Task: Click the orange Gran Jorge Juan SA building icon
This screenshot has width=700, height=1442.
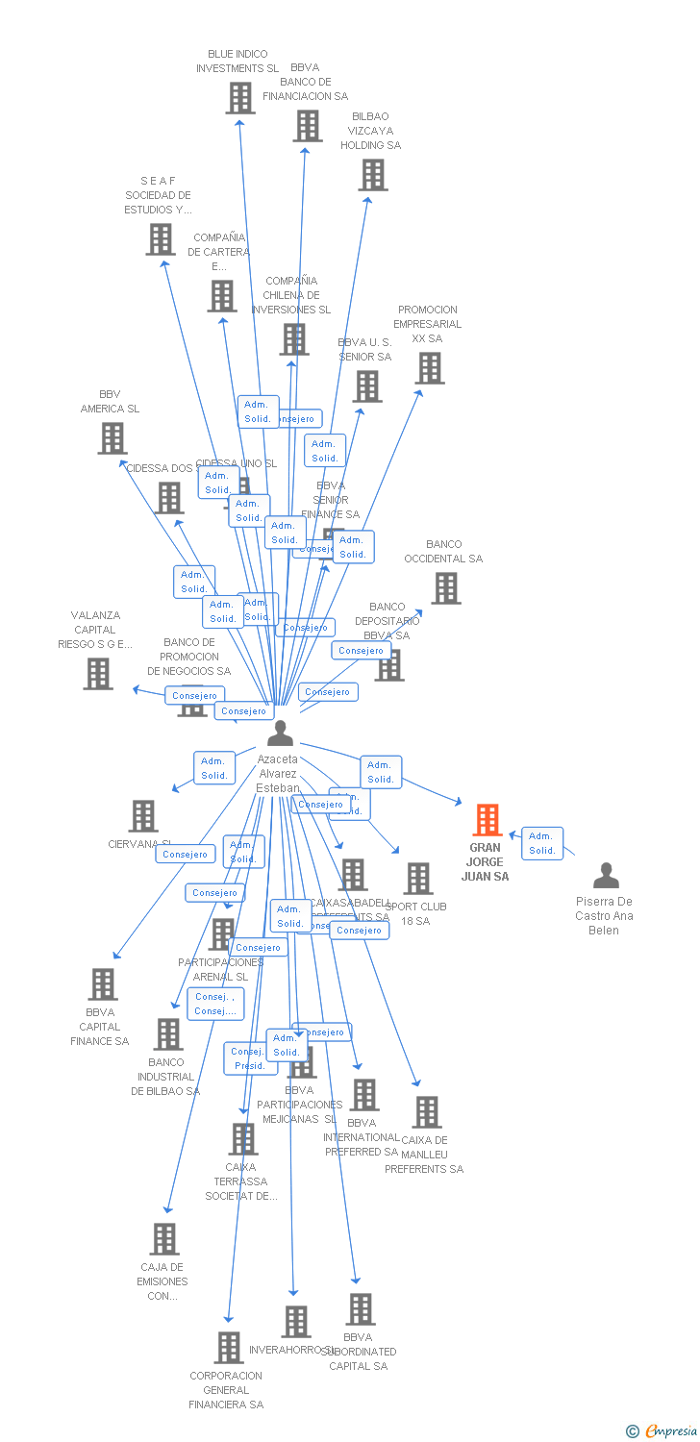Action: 487,820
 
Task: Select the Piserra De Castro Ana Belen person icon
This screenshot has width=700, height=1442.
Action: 606,876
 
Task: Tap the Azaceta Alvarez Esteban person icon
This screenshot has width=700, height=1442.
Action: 280,733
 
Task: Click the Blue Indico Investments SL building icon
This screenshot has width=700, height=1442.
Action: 239,98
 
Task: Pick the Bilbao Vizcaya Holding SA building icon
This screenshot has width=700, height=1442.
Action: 373,175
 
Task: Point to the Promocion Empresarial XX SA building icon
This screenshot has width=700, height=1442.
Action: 429,368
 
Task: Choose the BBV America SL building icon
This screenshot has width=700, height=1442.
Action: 112,438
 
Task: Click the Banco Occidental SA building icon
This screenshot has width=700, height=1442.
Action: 445,588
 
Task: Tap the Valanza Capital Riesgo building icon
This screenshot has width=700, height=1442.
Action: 98,674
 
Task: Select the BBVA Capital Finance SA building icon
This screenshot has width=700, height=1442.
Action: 103,984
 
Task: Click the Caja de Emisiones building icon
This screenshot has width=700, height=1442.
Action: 164,1239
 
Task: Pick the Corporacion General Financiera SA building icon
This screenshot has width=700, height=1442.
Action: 228,1348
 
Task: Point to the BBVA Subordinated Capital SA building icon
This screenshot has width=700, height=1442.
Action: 361,1309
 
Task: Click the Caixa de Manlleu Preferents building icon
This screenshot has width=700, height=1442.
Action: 426,1112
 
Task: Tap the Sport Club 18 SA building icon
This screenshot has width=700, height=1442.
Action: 418,878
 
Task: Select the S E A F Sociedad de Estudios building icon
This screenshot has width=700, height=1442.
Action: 160,239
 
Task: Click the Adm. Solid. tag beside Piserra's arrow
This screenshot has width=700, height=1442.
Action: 542,843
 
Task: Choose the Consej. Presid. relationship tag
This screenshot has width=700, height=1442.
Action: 248,1058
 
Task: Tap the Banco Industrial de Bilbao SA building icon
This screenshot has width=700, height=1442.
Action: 168,1034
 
